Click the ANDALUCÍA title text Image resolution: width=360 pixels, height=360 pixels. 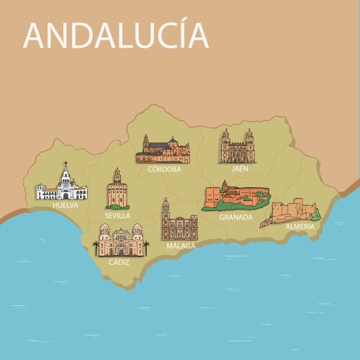coord(116,35)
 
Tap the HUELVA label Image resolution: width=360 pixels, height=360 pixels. coord(66,205)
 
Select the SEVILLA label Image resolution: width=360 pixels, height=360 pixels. coord(117,215)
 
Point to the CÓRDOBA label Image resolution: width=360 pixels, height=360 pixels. coord(164,170)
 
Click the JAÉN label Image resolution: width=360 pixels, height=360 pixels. coord(235,170)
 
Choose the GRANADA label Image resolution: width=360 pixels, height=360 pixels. coord(235,217)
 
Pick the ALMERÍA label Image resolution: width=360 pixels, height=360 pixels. coord(300,227)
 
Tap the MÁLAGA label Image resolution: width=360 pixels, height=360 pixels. coord(181,246)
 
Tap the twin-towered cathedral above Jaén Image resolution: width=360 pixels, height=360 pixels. coord(237,148)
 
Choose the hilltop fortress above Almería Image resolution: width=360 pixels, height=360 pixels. coord(294,212)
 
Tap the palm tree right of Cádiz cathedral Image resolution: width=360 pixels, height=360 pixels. coord(147,247)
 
